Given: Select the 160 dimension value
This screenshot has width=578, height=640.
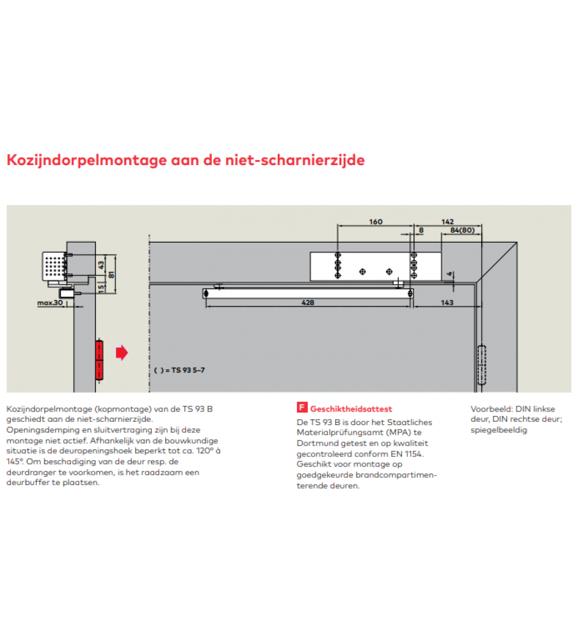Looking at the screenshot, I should point(376,222).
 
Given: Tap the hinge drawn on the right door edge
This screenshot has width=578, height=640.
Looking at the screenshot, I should point(482,364).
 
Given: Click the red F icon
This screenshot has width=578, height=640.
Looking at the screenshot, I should point(301,408).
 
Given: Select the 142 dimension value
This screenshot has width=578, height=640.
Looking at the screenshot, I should point(448,222).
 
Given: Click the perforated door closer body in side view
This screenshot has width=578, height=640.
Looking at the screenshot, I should point(54,264).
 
